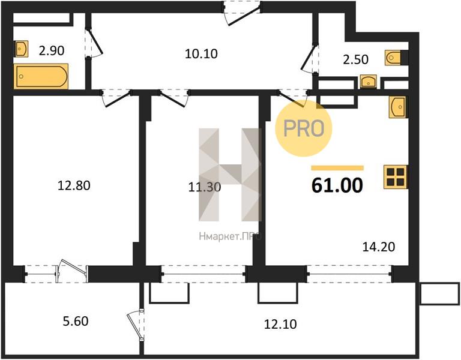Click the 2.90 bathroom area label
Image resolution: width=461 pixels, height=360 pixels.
click(52, 50)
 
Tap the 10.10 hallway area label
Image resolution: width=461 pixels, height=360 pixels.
click(202, 54)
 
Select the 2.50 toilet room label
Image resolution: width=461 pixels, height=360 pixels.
click(355, 59)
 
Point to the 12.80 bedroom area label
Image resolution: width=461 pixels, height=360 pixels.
click(74, 186)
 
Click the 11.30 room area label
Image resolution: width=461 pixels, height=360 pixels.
click(205, 187)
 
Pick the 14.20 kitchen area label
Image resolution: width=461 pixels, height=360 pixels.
click(379, 247)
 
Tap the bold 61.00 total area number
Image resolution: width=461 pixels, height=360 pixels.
click(337, 185)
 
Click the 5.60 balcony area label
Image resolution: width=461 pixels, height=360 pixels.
click(76, 321)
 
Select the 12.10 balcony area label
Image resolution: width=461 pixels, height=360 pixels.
click(280, 324)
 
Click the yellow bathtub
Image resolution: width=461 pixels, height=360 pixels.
click(41, 76)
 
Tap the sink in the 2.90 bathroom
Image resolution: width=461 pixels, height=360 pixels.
click(22, 49)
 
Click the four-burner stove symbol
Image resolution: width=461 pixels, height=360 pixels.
click(396, 177)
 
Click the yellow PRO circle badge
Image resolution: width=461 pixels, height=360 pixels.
click(304, 128)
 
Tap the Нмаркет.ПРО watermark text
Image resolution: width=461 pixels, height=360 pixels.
click(230, 236)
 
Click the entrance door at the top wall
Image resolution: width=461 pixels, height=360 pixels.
click(242, 13)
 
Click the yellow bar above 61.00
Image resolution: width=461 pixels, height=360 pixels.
click(337, 168)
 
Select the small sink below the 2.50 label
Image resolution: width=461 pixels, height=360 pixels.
click(369, 82)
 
